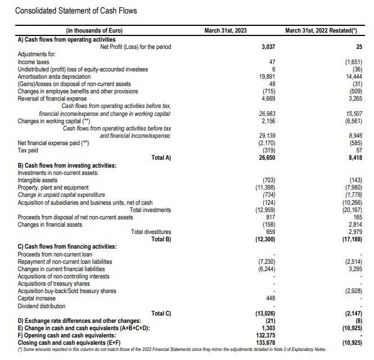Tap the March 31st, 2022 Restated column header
(x=323, y=30)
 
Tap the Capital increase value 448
(x=271, y=299)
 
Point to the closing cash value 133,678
(x=265, y=343)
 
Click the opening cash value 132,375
(x=265, y=335)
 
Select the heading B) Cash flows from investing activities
(x=67, y=165)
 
